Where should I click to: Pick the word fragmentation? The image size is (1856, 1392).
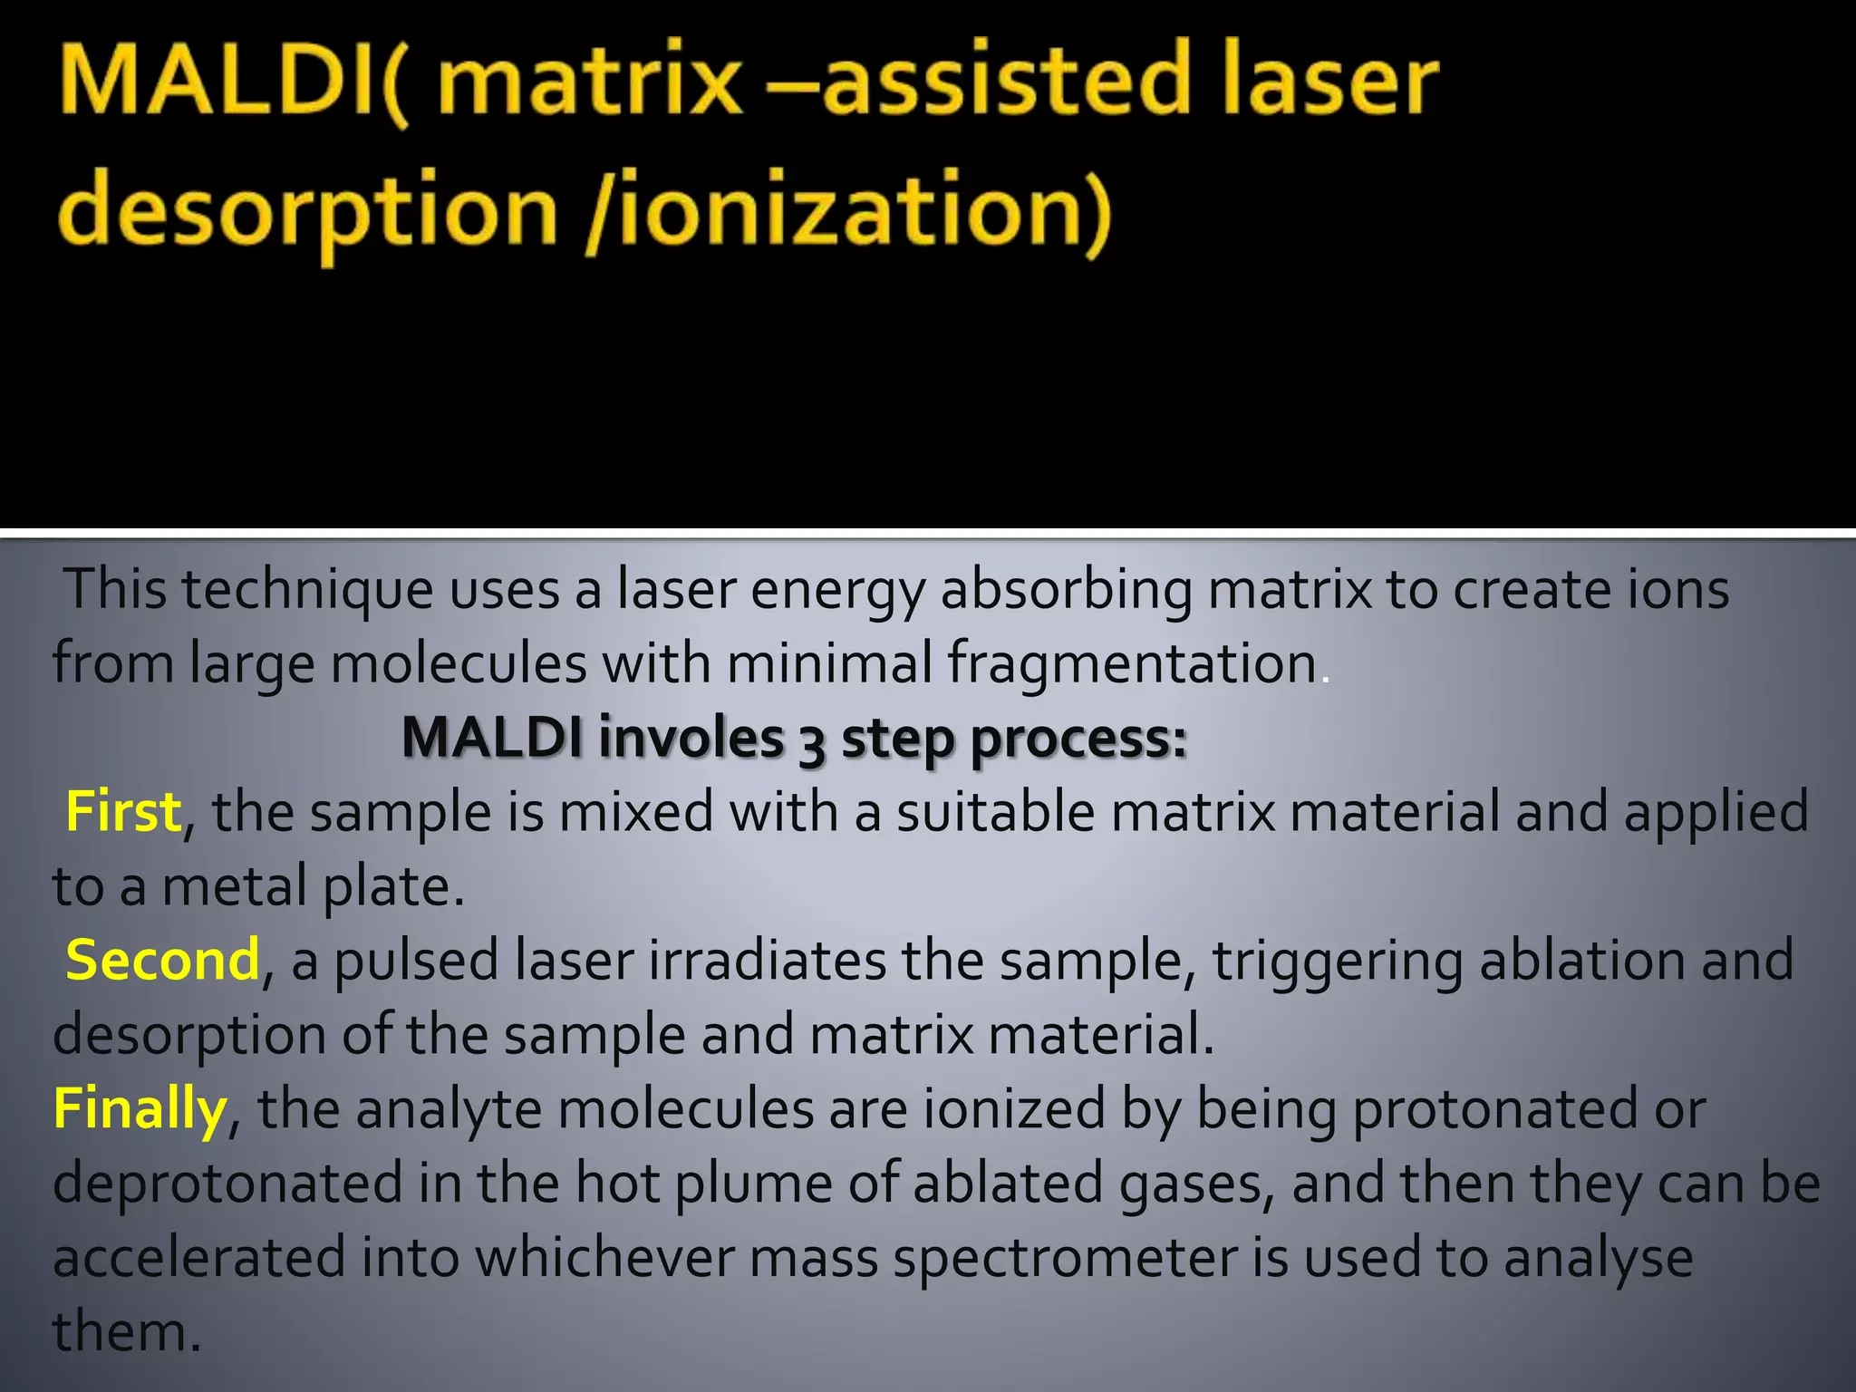pyautogui.click(x=1132, y=664)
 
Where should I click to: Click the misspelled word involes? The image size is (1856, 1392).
pyautogui.click(x=691, y=739)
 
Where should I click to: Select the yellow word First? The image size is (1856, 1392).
pyautogui.click(x=123, y=812)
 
